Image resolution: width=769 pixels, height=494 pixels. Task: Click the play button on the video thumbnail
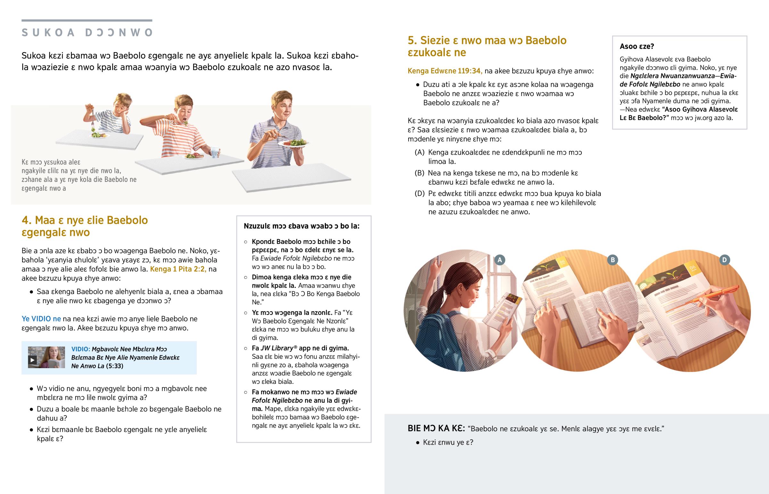[32, 360]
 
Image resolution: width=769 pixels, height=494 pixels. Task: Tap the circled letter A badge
[500, 260]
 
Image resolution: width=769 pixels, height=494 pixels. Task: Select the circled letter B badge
[612, 260]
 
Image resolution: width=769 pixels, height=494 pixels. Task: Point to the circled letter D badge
[724, 260]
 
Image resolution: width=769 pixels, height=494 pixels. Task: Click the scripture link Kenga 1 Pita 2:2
[178, 269]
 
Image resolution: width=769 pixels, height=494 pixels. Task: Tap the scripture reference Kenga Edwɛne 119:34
[445, 71]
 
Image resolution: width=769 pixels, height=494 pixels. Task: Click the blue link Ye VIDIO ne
[41, 319]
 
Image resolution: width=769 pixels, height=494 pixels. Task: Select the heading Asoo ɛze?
[637, 46]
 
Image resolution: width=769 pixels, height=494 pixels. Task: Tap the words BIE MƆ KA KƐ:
[436, 429]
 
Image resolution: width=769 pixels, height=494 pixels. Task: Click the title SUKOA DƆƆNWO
[87, 33]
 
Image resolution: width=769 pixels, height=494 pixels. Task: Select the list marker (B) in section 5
[419, 173]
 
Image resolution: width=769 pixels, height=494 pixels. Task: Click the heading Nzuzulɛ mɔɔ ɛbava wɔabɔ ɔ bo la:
[302, 226]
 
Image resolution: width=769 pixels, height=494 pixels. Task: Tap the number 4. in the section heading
[27, 220]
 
